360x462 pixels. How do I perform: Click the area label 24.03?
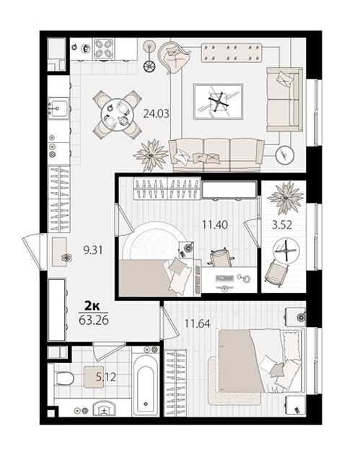pos(156,113)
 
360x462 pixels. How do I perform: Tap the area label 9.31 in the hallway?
pos(93,250)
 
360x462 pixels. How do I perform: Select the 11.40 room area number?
pos(215,225)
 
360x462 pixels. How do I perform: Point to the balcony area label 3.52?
pos(282,225)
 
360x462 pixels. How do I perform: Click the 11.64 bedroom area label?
pos(197,324)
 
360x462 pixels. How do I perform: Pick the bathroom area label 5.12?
pos(106,377)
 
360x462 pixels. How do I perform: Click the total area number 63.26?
pos(94,320)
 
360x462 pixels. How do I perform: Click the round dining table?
pos(117,115)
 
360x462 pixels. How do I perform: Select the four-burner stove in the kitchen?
pos(104,48)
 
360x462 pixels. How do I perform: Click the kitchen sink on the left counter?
pos(58,108)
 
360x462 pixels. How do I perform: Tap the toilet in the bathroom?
pos(64,378)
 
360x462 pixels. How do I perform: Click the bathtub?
pos(146,382)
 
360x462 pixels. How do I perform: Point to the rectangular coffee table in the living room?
pos(218,102)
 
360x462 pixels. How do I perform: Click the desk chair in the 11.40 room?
pos(219,257)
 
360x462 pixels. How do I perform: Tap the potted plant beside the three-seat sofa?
pos(150,155)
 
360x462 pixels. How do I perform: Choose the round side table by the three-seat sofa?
pos(285,154)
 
